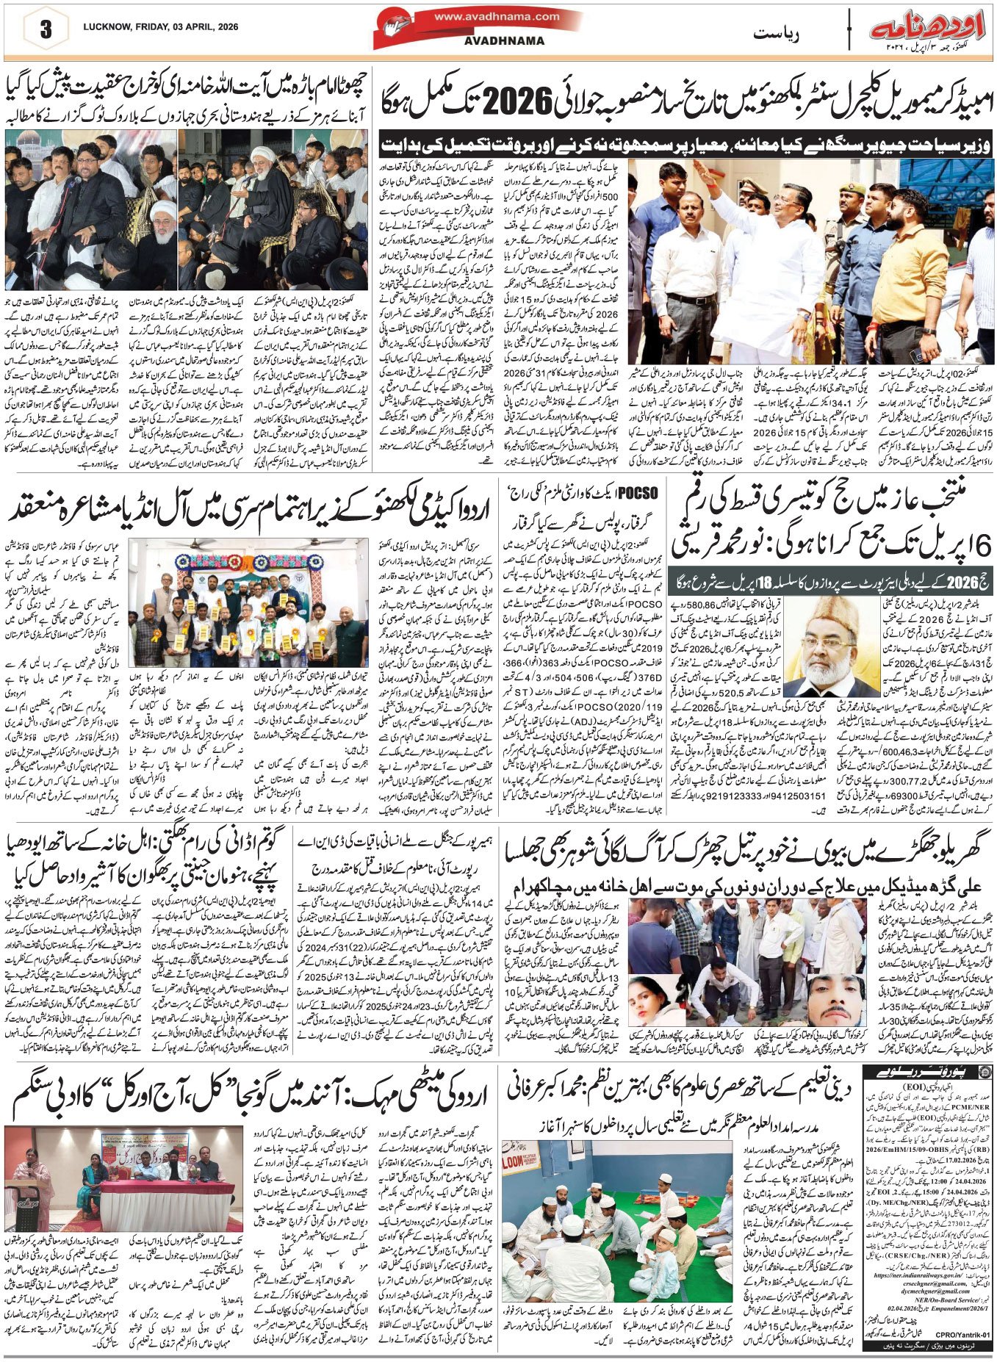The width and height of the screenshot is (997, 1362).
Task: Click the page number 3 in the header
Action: point(46,30)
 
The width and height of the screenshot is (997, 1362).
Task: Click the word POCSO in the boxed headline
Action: point(638,492)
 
